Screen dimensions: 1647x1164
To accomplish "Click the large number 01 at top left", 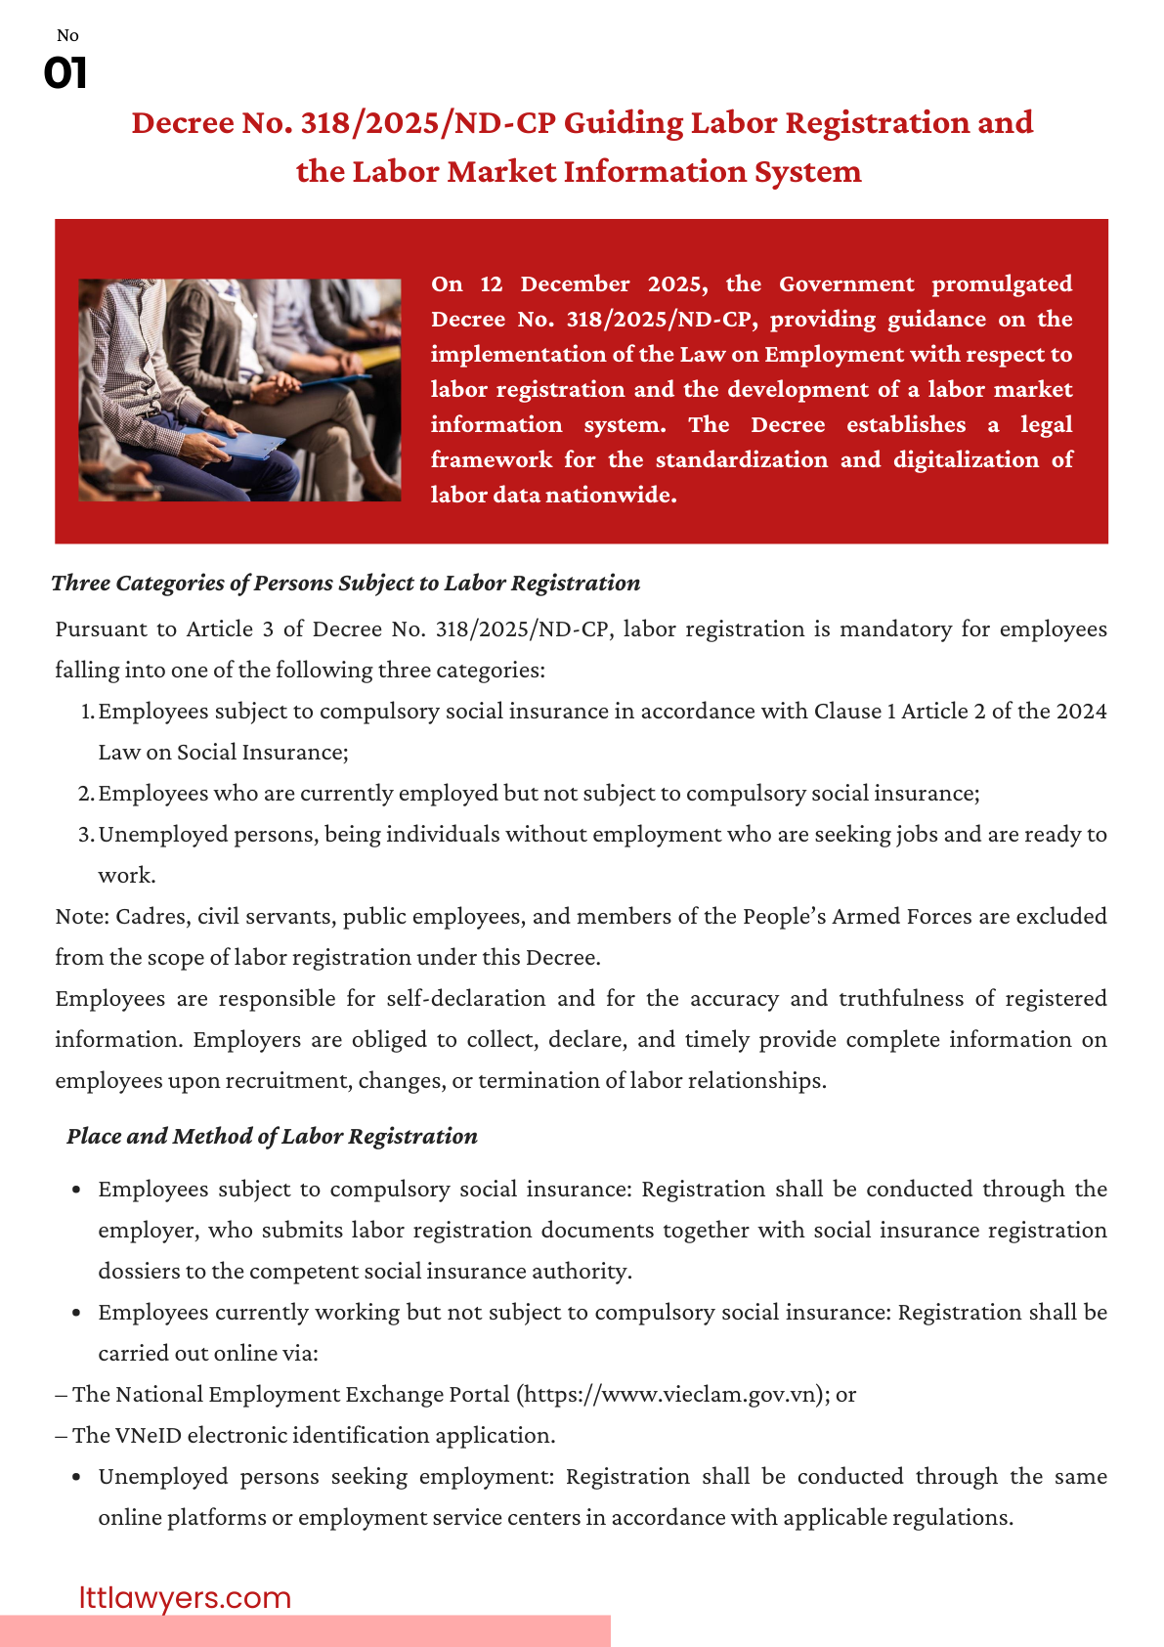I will click(65, 73).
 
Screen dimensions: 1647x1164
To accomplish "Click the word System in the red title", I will click(807, 171).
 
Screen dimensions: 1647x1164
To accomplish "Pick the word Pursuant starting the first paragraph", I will click(96, 628).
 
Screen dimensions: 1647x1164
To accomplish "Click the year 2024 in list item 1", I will click(1081, 711).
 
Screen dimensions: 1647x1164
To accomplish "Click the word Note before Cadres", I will click(79, 916).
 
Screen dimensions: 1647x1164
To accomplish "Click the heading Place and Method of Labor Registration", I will click(272, 1136).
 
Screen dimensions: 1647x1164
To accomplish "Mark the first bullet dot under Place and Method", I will click(76, 1191).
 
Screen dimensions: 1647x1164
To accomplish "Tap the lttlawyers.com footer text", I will click(185, 1597).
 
